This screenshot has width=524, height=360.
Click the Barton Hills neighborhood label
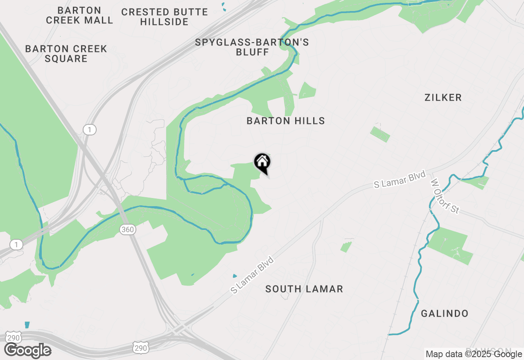[x=286, y=121]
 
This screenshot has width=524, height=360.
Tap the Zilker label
[x=443, y=97]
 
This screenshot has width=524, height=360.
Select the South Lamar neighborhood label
[x=304, y=289]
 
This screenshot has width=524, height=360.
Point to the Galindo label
[x=445, y=314]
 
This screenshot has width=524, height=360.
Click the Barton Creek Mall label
[x=79, y=15]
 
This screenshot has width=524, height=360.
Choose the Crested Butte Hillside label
[x=164, y=17]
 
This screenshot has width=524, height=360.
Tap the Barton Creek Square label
[x=66, y=54]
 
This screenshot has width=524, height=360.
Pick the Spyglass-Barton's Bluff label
[x=252, y=47]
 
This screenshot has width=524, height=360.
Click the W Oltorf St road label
[x=445, y=196]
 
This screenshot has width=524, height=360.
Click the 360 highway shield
[x=128, y=229]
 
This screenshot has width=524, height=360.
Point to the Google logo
[x=28, y=350]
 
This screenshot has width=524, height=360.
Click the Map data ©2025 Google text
[x=474, y=354]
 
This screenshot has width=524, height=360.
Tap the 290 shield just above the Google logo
[x=14, y=337]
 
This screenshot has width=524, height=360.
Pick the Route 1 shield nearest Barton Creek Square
[x=89, y=130]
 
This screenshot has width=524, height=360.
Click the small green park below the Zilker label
[x=380, y=134]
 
